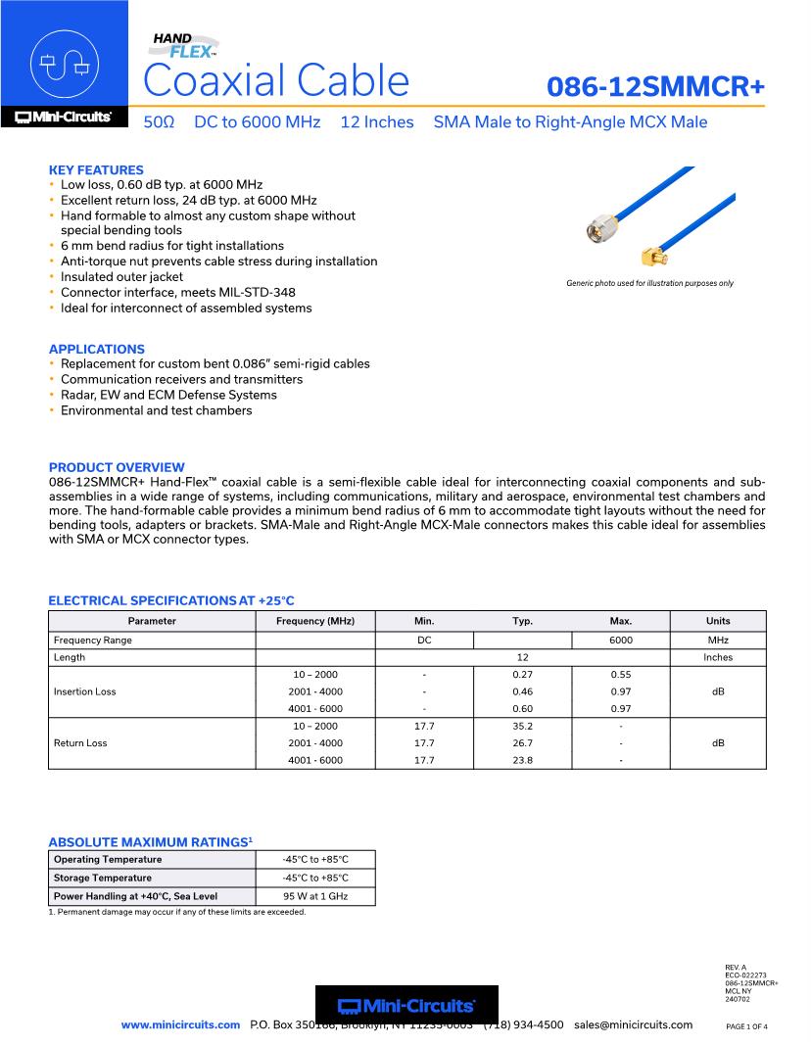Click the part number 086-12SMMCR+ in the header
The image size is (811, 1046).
tap(655, 86)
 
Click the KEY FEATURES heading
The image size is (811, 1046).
tap(96, 169)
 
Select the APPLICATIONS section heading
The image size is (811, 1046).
tap(96, 349)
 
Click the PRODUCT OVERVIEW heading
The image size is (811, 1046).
tap(117, 467)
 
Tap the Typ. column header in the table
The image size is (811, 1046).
tap(522, 621)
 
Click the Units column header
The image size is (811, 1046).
tap(717, 621)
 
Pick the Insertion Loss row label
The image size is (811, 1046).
tap(84, 691)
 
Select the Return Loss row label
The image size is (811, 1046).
tap(80, 743)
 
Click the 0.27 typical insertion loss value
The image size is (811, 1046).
tap(522, 675)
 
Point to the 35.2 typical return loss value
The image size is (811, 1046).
tap(522, 727)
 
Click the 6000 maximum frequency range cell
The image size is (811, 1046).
tap(620, 641)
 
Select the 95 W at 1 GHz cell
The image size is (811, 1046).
tap(314, 896)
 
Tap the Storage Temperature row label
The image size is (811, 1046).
tap(103, 878)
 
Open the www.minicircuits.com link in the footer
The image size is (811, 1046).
tap(180, 1025)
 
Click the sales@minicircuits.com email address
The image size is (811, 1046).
tap(633, 1025)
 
